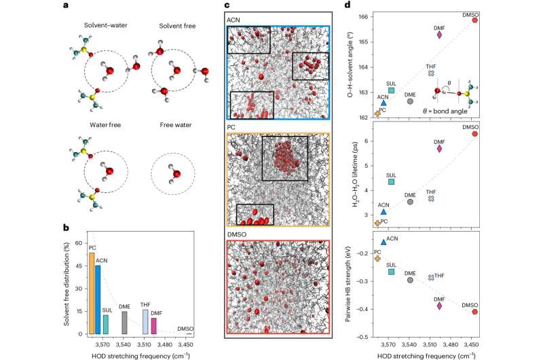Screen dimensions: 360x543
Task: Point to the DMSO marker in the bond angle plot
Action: coord(475,20)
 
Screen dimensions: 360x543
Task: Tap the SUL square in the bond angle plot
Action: coord(392,90)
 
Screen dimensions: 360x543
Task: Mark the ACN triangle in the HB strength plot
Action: coord(383,241)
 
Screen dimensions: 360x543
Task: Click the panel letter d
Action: coord(347,7)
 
